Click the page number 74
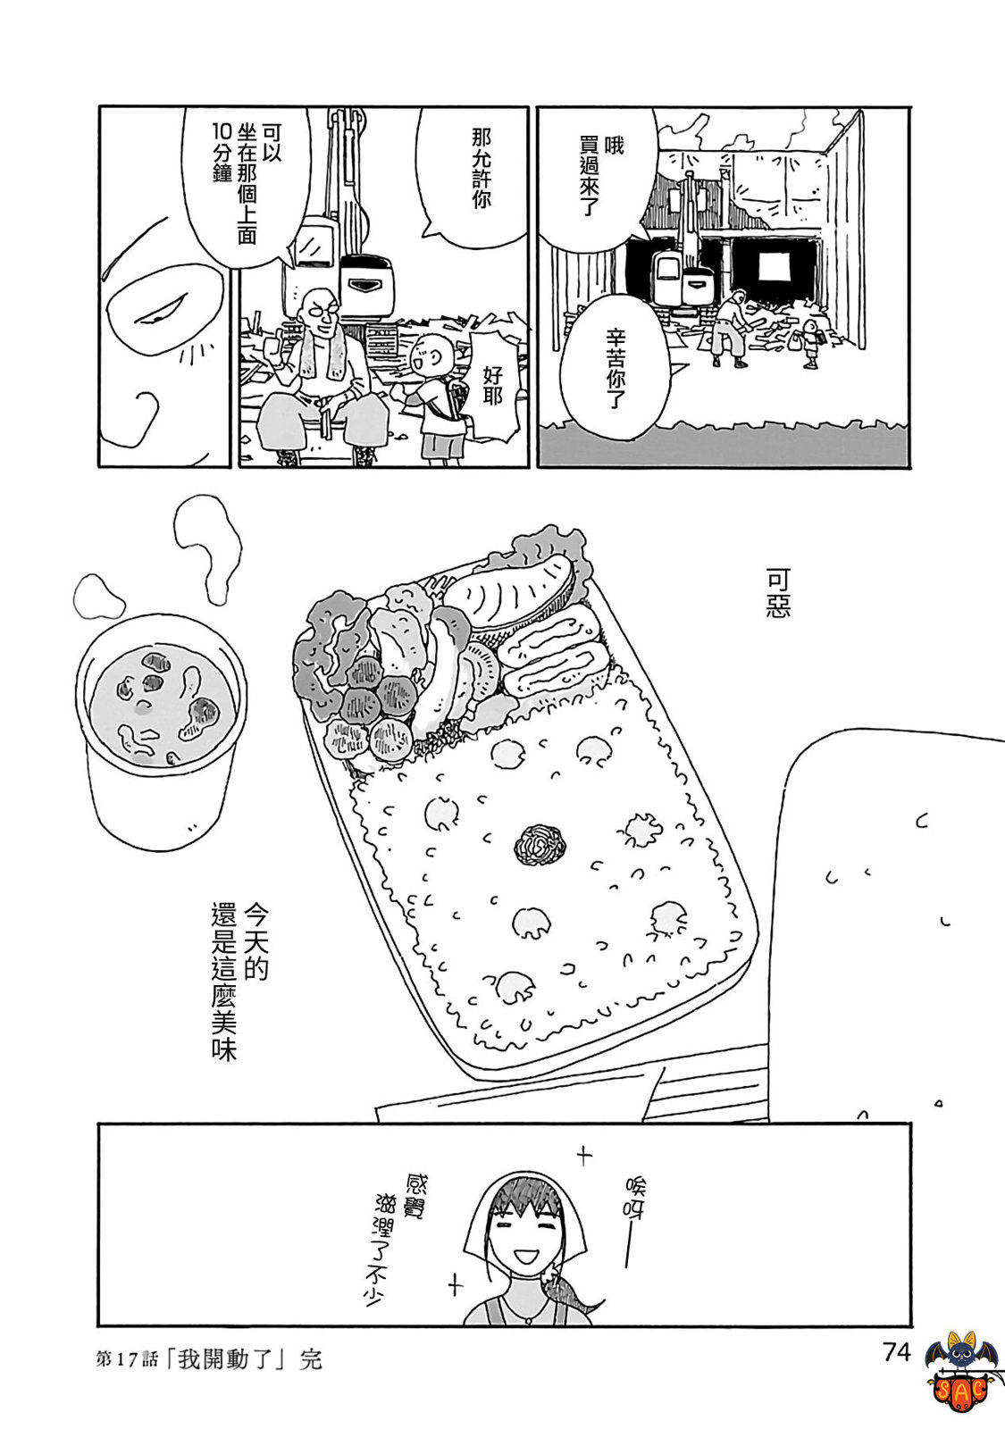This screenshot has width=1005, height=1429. click(895, 1352)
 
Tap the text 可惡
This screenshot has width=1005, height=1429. click(777, 594)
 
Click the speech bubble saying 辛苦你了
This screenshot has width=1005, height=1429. click(615, 366)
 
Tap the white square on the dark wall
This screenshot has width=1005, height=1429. click(774, 265)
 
